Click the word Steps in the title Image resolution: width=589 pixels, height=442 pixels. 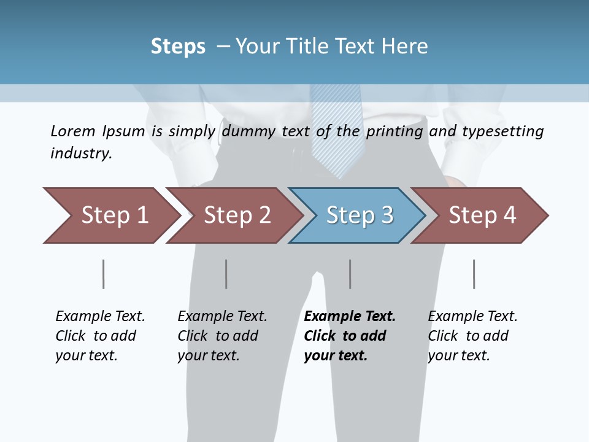178,47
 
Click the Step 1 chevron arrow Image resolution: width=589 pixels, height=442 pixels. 114,215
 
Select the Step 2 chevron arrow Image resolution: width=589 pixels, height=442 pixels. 237,215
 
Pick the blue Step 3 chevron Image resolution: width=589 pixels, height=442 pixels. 359,215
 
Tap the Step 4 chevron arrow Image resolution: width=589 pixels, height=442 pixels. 482,215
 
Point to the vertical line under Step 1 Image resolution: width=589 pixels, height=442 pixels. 104,274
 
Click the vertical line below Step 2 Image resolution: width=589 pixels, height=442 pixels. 226,274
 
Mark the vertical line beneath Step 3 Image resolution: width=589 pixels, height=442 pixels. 350,274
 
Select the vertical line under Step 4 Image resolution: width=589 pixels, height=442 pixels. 474,274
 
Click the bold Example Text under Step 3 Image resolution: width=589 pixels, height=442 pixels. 350,336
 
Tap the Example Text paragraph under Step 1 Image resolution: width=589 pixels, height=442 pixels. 100,336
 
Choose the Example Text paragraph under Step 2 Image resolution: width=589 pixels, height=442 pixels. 222,336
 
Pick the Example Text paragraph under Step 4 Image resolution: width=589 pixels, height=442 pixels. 472,336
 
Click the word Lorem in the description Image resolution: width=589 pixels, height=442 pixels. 72,131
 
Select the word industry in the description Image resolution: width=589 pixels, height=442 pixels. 80,153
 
